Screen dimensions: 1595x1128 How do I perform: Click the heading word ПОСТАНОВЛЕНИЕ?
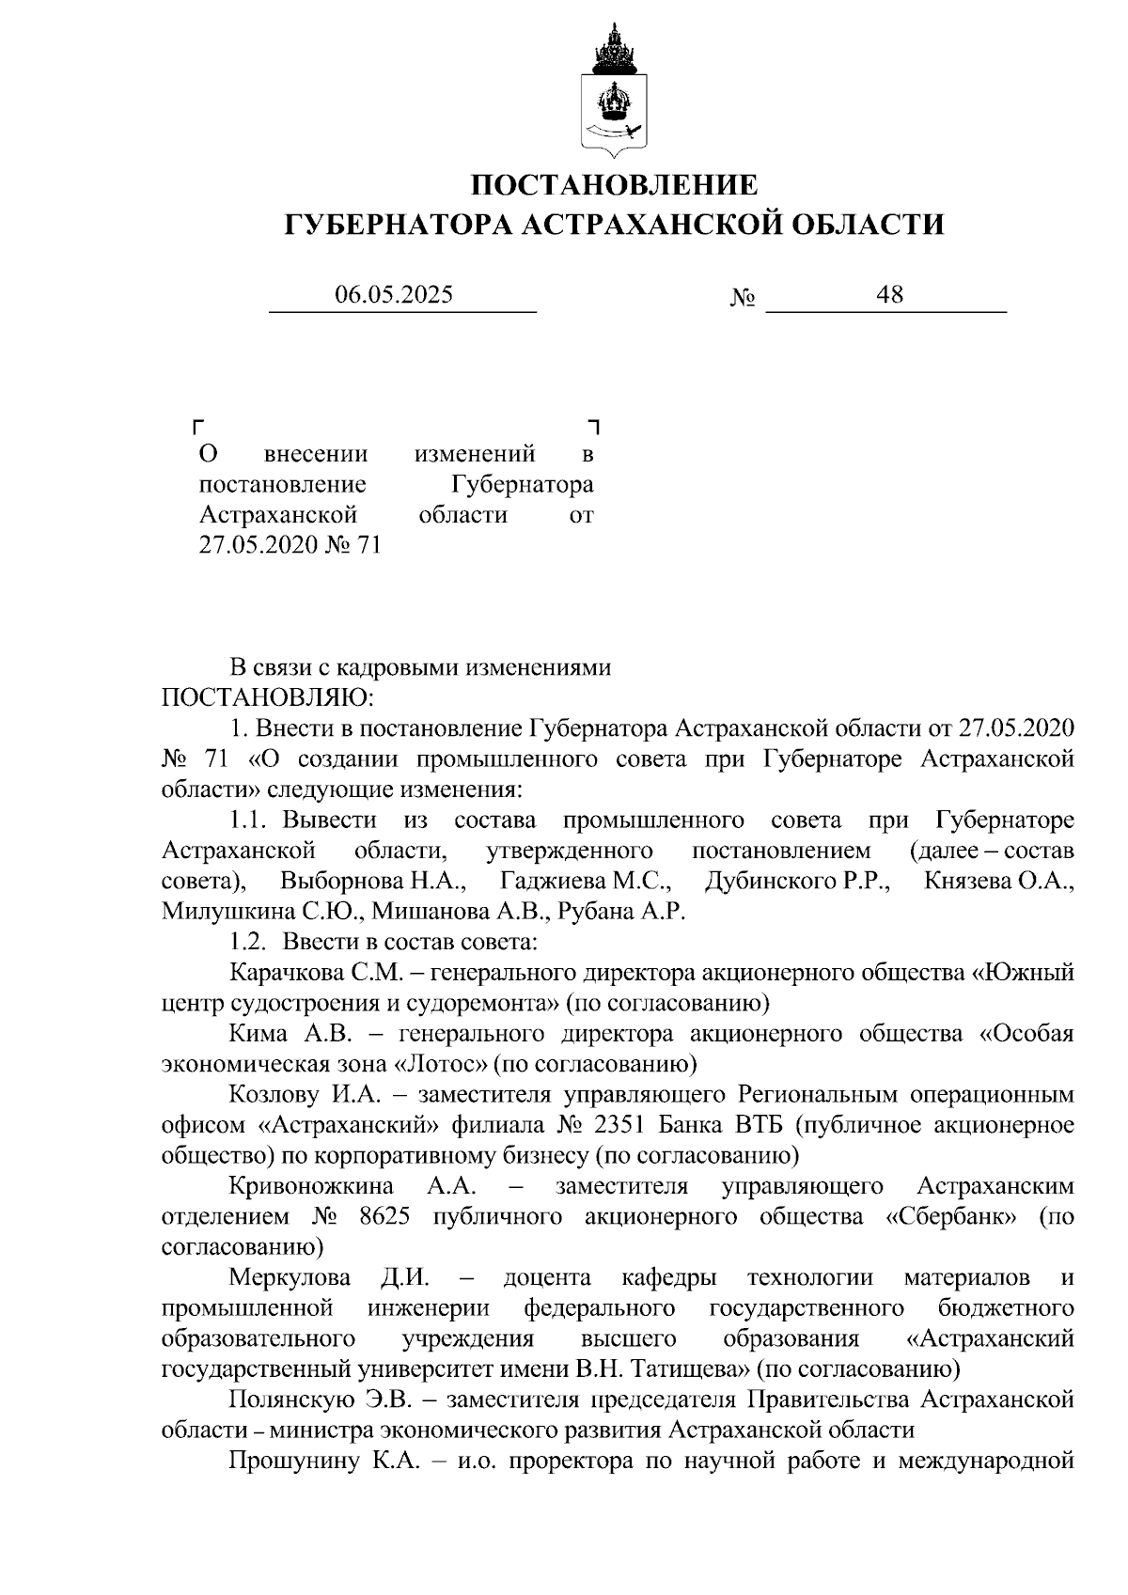tap(614, 184)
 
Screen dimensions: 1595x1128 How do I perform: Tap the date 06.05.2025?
tap(394, 295)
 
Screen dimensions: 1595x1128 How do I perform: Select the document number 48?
tap(888, 295)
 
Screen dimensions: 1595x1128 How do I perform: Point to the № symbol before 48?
tap(743, 298)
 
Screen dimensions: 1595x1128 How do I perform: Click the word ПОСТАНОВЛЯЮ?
tap(268, 698)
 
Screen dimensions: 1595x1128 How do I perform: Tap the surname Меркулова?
tap(290, 1277)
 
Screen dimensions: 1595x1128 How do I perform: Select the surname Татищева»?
tap(688, 1368)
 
